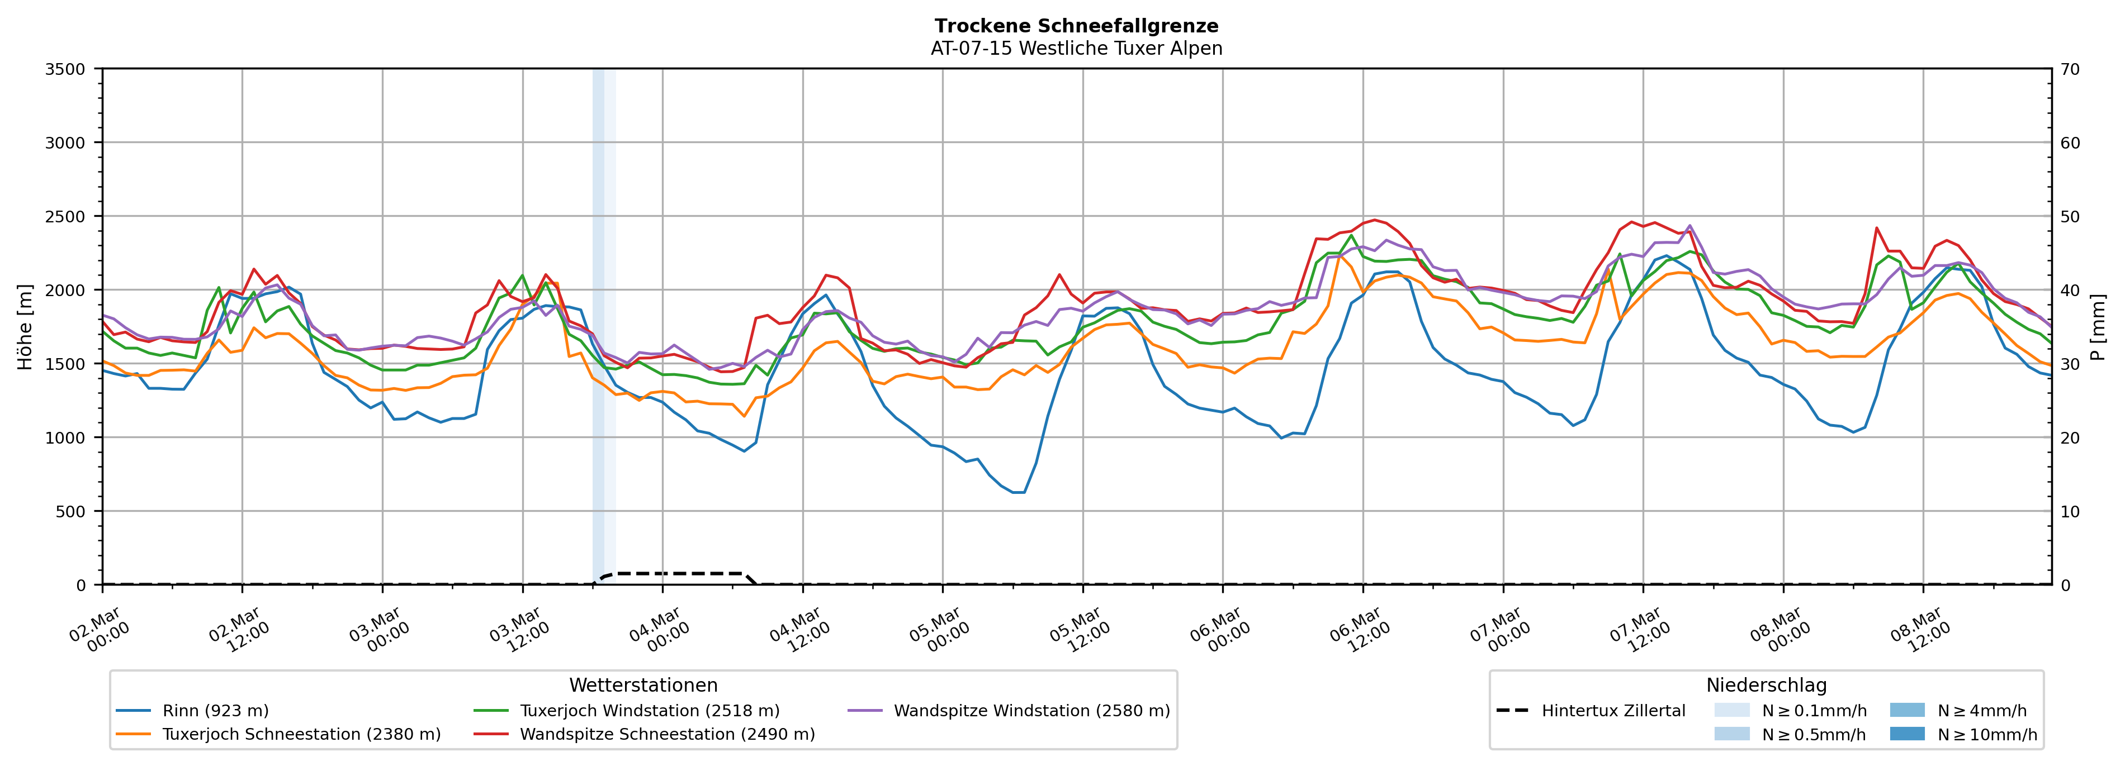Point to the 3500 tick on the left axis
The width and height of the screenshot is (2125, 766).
65,69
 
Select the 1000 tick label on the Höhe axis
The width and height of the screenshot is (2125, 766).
65,438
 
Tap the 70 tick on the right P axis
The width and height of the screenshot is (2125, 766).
2070,69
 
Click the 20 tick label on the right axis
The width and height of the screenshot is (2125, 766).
2070,438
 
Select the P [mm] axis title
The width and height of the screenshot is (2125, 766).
2098,326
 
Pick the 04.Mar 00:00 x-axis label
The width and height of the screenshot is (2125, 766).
657,631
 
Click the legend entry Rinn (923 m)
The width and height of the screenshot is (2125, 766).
215,711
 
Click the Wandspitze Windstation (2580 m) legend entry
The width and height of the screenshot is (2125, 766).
1031,711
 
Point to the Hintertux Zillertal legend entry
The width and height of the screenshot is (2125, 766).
1613,711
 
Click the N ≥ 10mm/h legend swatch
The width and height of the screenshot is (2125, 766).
1906,734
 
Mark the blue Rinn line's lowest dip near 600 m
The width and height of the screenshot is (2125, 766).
1018,492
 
